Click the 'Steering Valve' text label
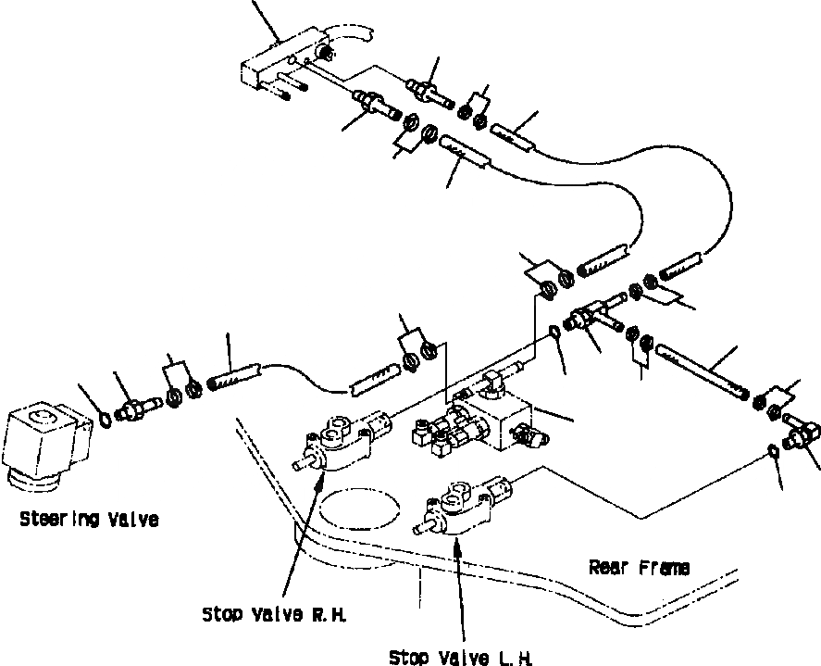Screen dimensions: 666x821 (x=88, y=520)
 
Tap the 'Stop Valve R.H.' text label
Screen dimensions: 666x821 (x=261, y=614)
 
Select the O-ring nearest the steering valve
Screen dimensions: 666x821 (x=106, y=419)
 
